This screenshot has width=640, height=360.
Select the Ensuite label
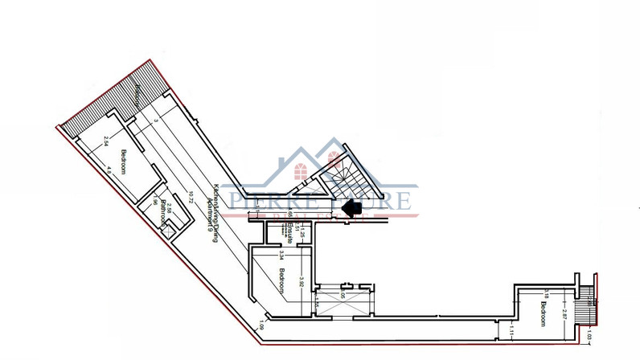coord(288,231)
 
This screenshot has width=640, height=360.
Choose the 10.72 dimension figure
coord(191,195)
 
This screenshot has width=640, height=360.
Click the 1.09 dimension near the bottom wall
coord(262,327)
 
